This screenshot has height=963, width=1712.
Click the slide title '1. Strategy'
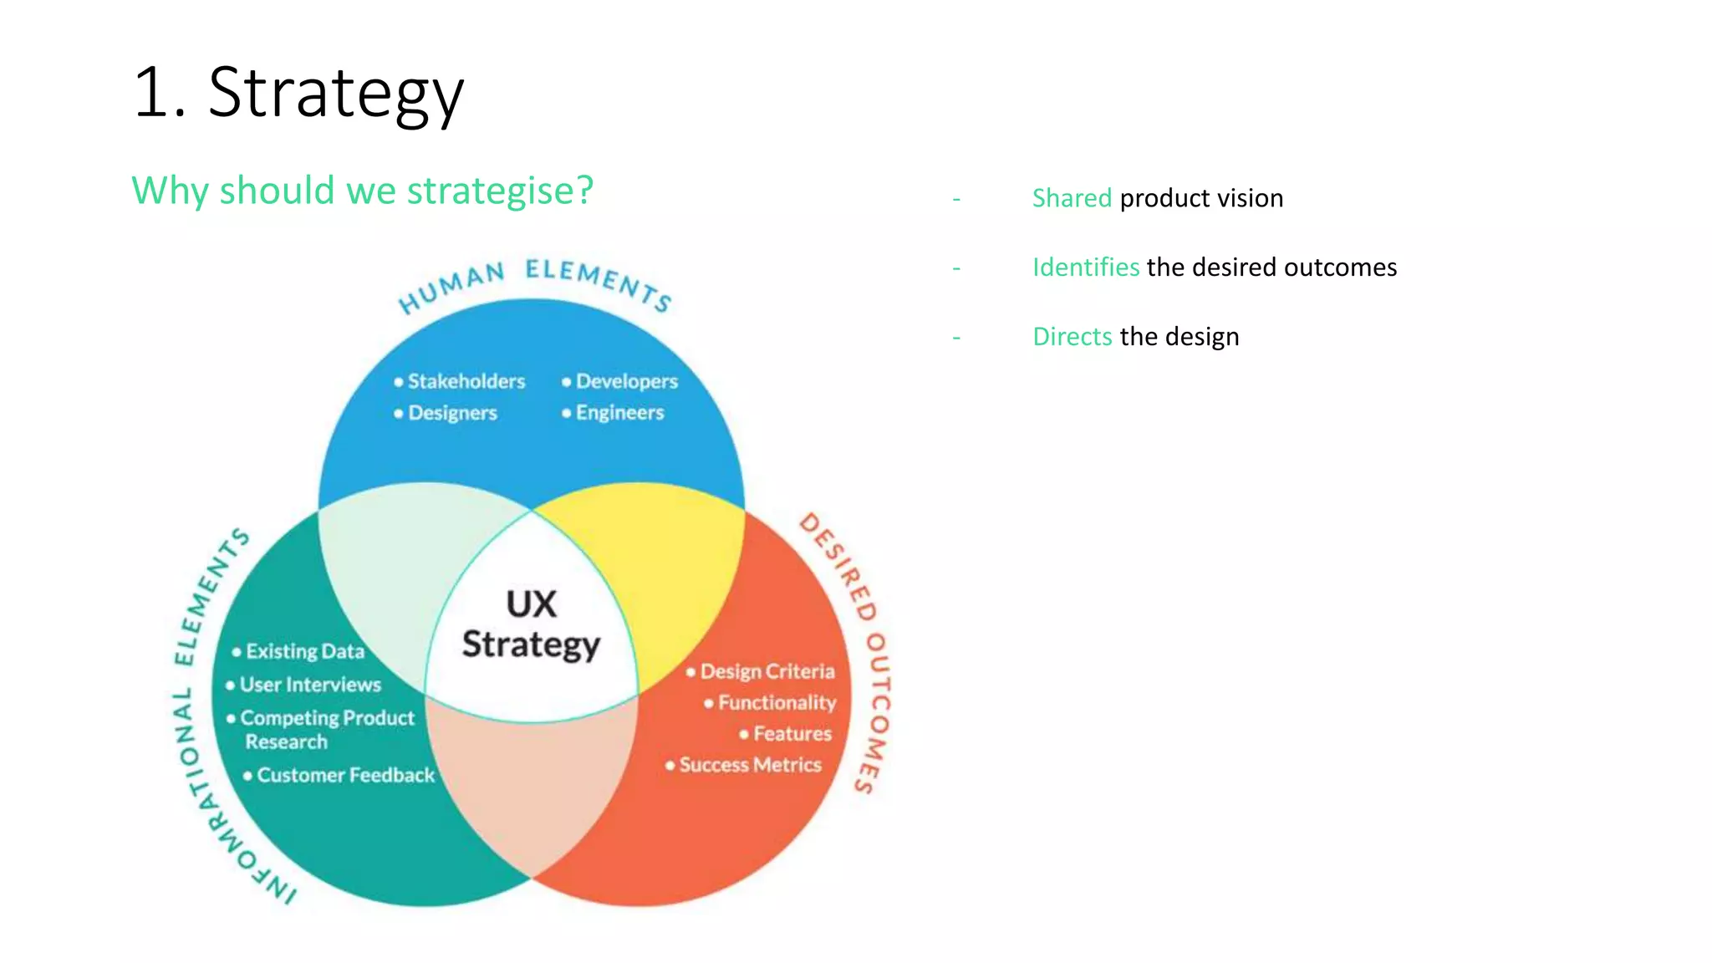coord(298,93)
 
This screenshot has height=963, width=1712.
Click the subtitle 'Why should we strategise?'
coord(362,191)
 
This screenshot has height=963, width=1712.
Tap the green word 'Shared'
coord(1071,198)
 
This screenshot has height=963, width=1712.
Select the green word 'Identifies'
coord(1085,267)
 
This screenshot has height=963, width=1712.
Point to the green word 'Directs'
coord(1072,337)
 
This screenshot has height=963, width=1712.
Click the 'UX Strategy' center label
coord(531,624)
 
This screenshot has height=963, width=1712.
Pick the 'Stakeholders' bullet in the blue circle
coord(466,382)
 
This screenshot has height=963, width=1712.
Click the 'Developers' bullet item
coord(626,382)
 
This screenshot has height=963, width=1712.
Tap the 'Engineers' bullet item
coord(619,413)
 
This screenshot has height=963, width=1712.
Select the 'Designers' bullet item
coord(451,413)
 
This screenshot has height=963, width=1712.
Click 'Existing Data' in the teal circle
coord(304,651)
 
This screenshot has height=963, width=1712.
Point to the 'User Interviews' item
coord(309,685)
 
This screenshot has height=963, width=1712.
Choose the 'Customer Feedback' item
coord(344,775)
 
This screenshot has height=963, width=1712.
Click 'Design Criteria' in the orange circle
coord(767,671)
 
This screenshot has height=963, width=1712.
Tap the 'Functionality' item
coord(776,702)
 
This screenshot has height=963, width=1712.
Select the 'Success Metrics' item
coord(749,765)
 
